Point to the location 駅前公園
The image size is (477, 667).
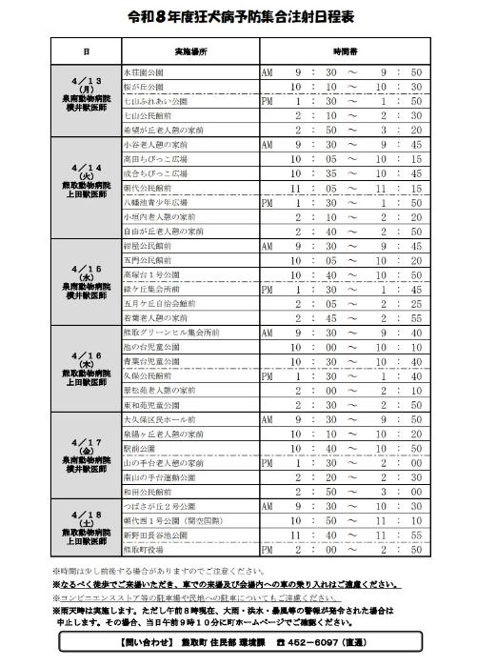click(x=139, y=447)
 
